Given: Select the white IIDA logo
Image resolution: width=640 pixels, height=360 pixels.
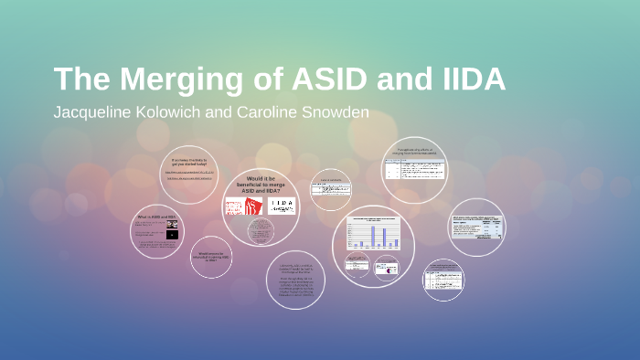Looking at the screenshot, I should tap(281, 206).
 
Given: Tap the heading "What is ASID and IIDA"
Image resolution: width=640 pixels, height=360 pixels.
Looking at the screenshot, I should tap(156, 217).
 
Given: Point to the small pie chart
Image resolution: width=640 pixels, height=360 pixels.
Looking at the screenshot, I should tap(389, 267).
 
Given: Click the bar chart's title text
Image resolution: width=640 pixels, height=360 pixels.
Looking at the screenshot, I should tap(372, 221).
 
